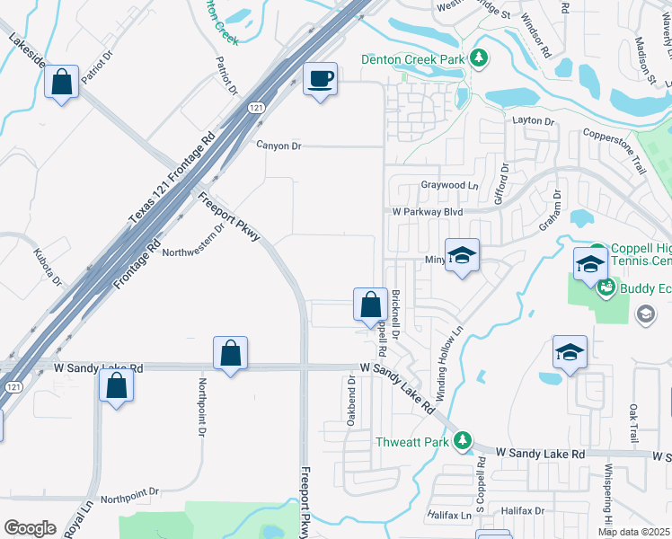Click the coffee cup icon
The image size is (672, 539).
320,79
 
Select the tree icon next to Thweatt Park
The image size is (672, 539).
462,440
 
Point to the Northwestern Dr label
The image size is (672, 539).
192,240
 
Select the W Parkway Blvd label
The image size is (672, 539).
427,212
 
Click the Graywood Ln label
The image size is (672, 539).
444,185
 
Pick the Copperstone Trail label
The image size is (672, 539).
615,150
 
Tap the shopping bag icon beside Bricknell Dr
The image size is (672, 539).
370,305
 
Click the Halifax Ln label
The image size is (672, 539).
448,516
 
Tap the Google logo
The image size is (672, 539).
31,528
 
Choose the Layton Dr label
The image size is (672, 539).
534,120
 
